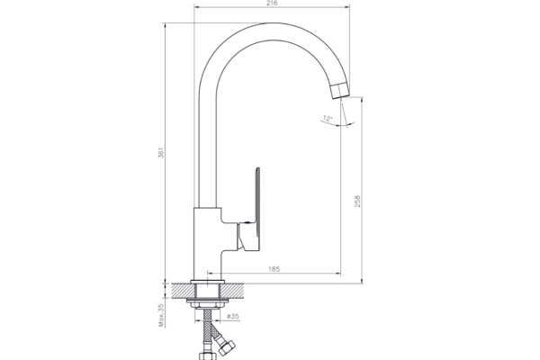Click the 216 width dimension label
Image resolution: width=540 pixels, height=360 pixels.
click(x=272, y=3)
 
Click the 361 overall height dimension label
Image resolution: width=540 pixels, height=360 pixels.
click(x=161, y=153)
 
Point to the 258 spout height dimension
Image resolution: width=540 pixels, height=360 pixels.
click(x=357, y=202)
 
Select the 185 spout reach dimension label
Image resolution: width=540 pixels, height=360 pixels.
click(x=274, y=269)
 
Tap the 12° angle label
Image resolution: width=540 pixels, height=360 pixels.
click(x=328, y=119)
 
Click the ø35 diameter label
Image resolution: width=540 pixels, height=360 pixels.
click(x=233, y=316)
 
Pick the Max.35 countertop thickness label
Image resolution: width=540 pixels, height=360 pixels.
click(x=161, y=313)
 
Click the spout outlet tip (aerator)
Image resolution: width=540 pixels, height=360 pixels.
click(x=340, y=90)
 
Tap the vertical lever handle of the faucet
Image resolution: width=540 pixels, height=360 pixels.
click(x=256, y=209)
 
